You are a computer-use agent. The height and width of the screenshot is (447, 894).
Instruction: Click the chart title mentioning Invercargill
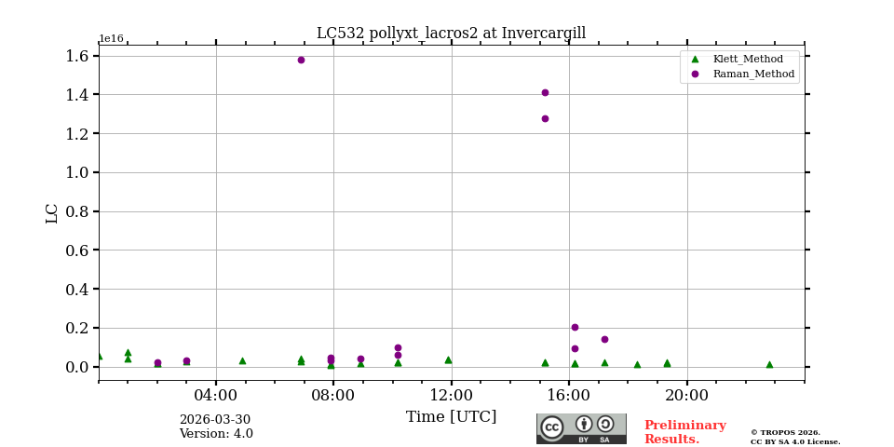click(x=451, y=34)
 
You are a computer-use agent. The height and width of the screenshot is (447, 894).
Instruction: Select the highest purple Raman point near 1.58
click(x=301, y=60)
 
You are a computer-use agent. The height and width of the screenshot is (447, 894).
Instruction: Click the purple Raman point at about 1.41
click(x=545, y=92)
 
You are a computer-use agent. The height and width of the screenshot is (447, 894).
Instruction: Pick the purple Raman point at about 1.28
click(x=545, y=118)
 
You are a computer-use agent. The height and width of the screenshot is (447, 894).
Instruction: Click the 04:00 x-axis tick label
click(x=216, y=394)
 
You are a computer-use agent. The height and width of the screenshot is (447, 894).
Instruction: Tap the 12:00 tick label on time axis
click(x=452, y=394)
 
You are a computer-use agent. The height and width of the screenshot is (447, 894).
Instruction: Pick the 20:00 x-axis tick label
click(x=687, y=394)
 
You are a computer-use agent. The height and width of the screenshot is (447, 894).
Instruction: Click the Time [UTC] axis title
click(x=451, y=417)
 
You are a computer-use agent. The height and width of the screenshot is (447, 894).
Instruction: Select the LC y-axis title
click(x=52, y=213)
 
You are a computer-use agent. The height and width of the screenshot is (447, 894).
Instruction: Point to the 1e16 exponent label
click(x=111, y=39)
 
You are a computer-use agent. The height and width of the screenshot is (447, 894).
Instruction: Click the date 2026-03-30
click(x=215, y=420)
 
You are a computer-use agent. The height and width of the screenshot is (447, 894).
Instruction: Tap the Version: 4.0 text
click(x=216, y=434)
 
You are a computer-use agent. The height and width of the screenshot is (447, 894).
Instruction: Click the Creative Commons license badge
click(x=581, y=428)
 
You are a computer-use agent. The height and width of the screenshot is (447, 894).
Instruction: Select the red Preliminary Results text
click(x=684, y=432)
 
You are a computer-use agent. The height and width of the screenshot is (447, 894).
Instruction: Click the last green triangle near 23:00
click(x=769, y=364)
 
